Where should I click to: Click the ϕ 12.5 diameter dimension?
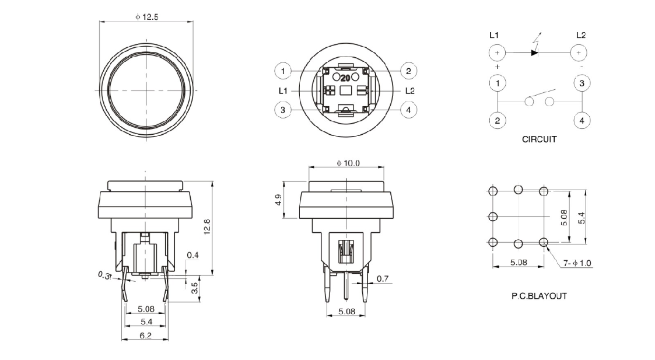click(146, 17)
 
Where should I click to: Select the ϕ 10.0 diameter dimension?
click(348, 163)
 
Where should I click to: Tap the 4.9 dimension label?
click(278, 200)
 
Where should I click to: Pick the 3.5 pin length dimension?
click(195, 287)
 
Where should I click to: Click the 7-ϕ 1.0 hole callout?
click(577, 263)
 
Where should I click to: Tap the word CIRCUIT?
click(539, 139)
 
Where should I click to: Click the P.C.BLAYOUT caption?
click(538, 296)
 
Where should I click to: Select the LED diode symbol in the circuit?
click(534, 53)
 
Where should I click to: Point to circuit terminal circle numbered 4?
click(582, 121)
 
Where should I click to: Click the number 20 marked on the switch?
click(345, 77)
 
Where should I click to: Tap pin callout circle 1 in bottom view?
click(283, 71)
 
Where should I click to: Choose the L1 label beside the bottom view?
click(283, 90)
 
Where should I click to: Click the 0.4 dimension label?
click(192, 256)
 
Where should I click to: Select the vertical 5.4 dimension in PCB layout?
click(580, 218)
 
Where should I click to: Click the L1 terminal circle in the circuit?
click(497, 53)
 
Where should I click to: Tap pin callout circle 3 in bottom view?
click(283, 109)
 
